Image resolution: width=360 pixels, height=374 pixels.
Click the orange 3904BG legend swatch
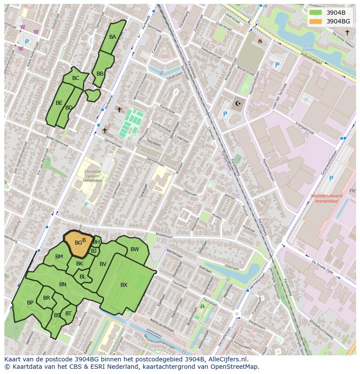pos(316,21)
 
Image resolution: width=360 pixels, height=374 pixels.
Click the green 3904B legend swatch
pos(316,12)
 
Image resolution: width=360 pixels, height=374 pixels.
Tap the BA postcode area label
pos(113,37)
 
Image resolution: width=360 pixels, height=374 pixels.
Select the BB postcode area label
pos(100,74)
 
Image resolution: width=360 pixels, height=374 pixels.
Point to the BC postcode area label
pos(76,78)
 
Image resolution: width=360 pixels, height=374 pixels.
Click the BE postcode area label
pos(59,103)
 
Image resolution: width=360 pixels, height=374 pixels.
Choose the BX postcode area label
pos(124,285)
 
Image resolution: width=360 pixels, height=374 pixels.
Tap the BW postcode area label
pos(135,249)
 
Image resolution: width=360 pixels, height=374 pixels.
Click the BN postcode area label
pos(63,285)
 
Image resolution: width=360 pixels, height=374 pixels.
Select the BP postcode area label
pos(30,303)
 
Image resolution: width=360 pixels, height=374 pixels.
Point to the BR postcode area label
pos(47,298)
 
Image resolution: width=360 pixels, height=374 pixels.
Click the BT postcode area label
pos(68,313)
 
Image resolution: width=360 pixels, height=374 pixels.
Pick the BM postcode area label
pos(59,257)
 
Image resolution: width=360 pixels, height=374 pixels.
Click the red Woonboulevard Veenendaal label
pos(326,199)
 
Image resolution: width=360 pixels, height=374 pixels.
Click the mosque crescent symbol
pos(237,103)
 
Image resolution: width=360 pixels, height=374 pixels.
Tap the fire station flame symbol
pos(260,42)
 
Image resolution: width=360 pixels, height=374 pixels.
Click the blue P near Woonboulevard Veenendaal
pos(331,178)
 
